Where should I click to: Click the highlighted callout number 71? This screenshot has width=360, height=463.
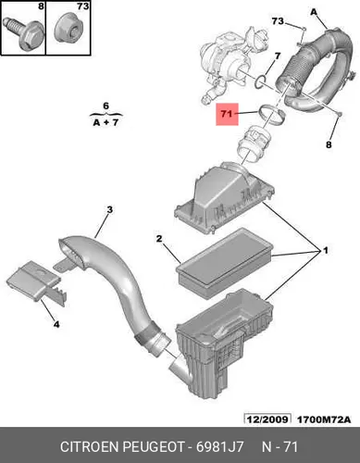(x=227, y=114)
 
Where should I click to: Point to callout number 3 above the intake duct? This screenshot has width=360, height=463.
(x=109, y=210)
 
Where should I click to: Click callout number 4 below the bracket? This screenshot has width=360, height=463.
(x=56, y=324)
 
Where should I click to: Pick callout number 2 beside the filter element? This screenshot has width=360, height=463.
(x=159, y=239)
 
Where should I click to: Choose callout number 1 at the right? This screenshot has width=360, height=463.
(x=325, y=251)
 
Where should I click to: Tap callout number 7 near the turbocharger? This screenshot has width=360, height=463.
(x=278, y=56)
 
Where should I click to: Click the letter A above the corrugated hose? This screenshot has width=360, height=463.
(x=314, y=12)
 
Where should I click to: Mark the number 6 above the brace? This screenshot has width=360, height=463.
(x=106, y=106)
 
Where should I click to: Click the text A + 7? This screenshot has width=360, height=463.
(x=106, y=122)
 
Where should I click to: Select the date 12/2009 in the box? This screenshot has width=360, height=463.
(x=267, y=419)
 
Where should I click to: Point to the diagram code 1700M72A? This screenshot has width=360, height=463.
(x=324, y=419)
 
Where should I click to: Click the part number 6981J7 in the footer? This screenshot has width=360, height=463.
(x=220, y=447)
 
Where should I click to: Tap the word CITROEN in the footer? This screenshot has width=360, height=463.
(x=89, y=447)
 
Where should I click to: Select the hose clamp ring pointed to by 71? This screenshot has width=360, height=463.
(x=271, y=117)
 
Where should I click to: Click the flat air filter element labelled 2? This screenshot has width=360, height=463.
(x=225, y=264)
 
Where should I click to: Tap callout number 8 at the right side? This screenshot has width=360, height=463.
(x=329, y=144)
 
